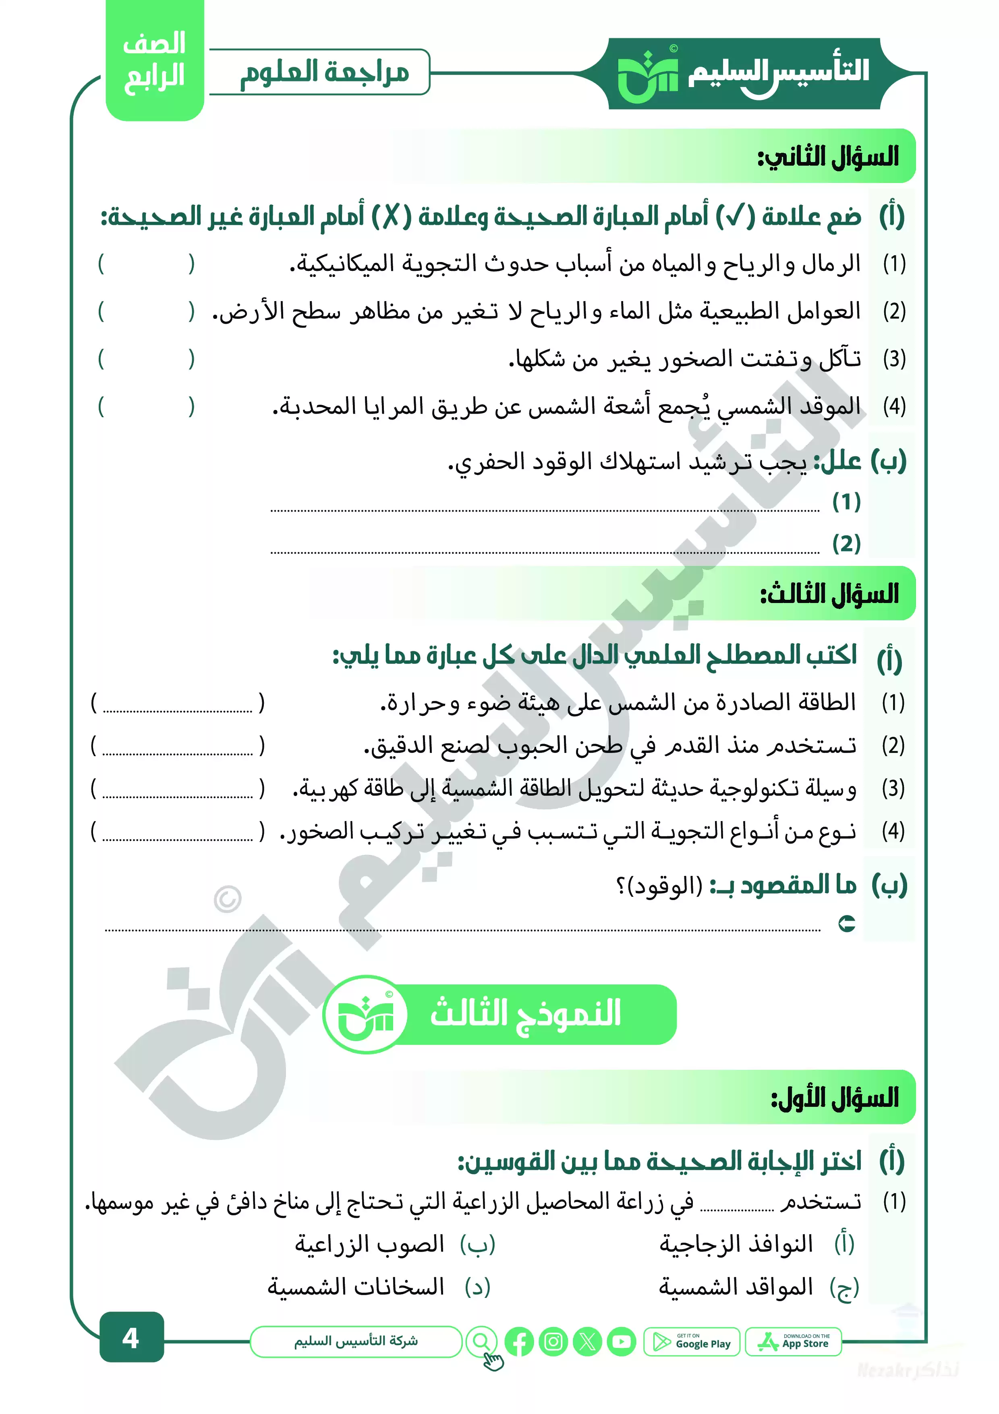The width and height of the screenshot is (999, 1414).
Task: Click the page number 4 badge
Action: [x=131, y=1338]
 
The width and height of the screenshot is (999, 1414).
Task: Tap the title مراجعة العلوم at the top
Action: [x=324, y=72]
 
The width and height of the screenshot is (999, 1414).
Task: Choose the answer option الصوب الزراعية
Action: [x=369, y=1245]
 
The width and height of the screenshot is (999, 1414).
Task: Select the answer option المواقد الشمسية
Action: [x=736, y=1287]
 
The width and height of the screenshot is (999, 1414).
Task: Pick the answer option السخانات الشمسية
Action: [x=356, y=1287]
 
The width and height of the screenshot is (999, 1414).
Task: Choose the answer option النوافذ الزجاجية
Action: [x=736, y=1245]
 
